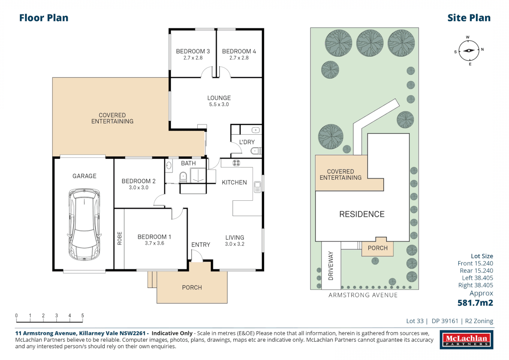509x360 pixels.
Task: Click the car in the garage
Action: (84, 224)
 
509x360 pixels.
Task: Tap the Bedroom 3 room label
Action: (193, 51)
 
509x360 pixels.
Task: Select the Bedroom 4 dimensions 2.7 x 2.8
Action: (239, 58)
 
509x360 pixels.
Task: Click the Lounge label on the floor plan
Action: (219, 98)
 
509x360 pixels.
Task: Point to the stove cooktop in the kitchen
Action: (236, 163)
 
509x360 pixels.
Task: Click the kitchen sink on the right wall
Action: (257, 187)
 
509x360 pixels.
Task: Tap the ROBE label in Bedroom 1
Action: (120, 238)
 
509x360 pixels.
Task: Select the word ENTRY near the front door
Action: (201, 245)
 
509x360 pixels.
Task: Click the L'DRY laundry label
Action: (247, 142)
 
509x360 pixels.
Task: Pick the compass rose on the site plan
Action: (469, 51)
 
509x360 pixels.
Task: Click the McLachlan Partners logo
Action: (466, 340)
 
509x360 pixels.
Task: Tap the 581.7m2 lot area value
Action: (475, 303)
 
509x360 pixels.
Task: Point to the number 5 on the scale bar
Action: (83, 315)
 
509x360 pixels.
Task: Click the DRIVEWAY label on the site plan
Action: (331, 266)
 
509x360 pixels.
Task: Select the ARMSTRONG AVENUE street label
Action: (363, 295)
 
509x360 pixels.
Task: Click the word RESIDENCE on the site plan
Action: (362, 214)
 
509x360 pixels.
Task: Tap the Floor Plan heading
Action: (44, 18)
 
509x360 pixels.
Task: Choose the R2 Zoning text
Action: (479, 321)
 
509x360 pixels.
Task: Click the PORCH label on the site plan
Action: (378, 248)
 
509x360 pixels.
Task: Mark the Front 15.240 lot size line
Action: (475, 263)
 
